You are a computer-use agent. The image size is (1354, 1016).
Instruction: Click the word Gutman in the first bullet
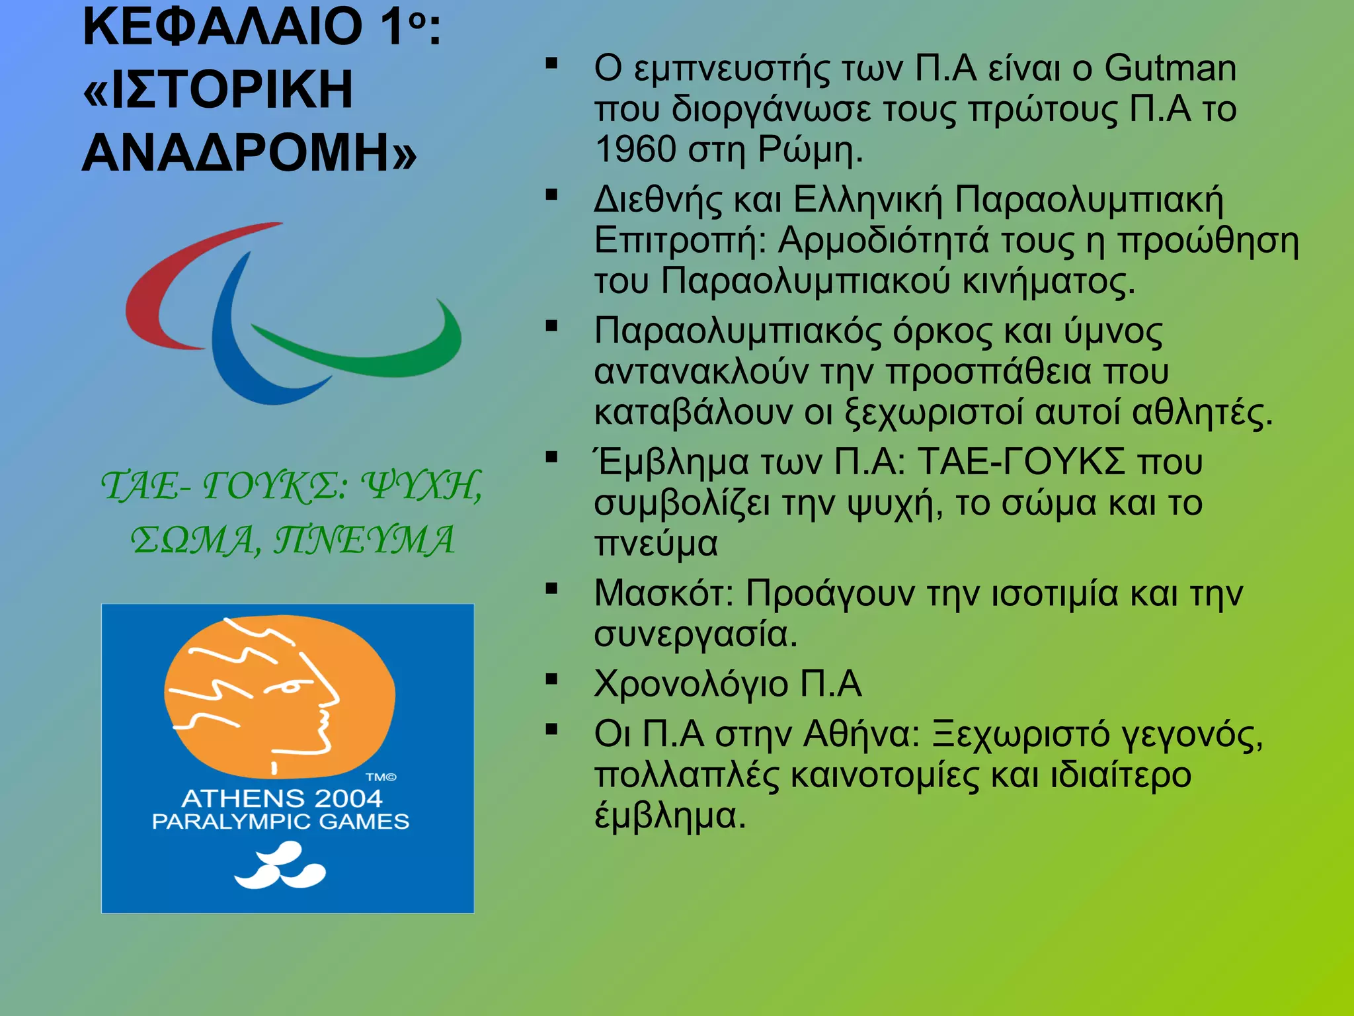pyautogui.click(x=1170, y=68)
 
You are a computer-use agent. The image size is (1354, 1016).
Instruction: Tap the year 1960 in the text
pyautogui.click(x=635, y=149)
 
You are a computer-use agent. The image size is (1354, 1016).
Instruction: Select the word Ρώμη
pyautogui.click(x=809, y=149)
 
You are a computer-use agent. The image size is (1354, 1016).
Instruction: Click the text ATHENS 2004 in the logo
pyautogui.click(x=282, y=798)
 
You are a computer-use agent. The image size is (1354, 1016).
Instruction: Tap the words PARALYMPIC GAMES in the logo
pyautogui.click(x=281, y=822)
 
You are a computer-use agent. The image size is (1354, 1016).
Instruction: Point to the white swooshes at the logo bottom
pyautogui.click(x=280, y=867)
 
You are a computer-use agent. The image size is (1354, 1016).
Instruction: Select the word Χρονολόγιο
pyautogui.click(x=690, y=684)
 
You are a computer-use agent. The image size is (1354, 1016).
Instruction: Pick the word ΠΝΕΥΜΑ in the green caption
pyautogui.click(x=364, y=540)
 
